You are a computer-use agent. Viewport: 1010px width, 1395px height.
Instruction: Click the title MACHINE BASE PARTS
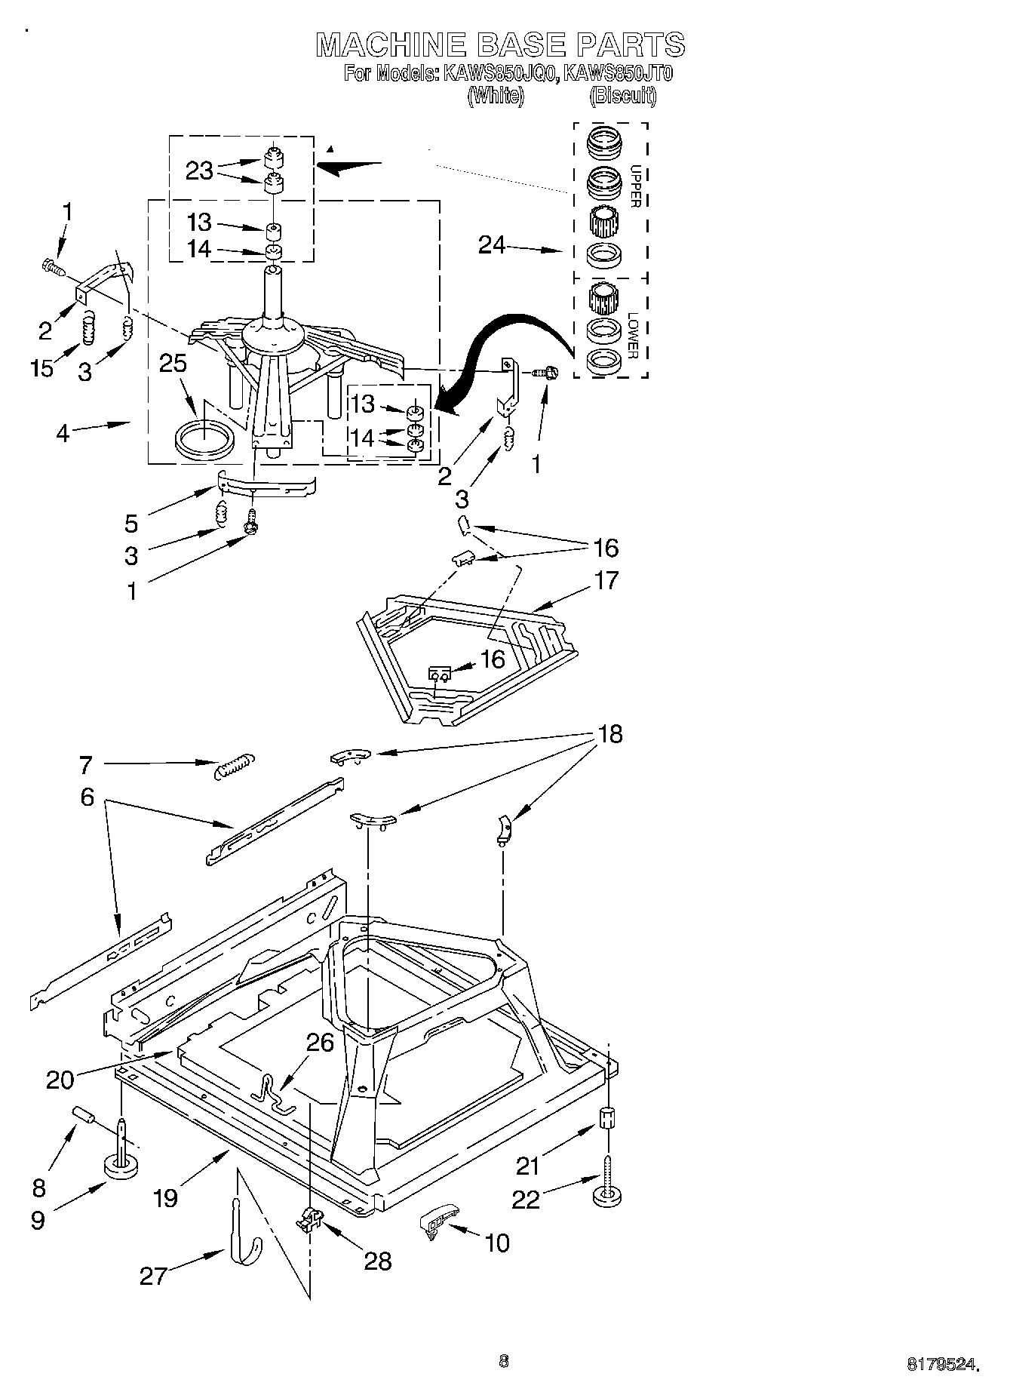click(500, 45)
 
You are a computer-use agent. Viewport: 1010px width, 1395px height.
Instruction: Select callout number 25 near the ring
click(173, 364)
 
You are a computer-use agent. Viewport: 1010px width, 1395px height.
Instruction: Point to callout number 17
click(606, 580)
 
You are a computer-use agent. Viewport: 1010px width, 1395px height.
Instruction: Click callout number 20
click(60, 1080)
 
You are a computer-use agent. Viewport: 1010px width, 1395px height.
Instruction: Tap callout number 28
click(378, 1260)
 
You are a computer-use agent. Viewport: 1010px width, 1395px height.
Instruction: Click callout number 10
click(497, 1243)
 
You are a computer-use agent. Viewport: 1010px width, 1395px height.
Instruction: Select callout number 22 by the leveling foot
click(526, 1200)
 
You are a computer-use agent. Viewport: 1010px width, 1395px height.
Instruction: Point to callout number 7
click(85, 766)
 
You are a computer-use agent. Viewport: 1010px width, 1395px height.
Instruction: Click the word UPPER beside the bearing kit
click(635, 186)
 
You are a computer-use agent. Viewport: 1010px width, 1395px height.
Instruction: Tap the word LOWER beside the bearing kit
click(633, 335)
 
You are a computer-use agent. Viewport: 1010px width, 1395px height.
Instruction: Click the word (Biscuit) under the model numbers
click(622, 96)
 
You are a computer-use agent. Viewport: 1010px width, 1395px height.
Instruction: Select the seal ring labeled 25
click(203, 440)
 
